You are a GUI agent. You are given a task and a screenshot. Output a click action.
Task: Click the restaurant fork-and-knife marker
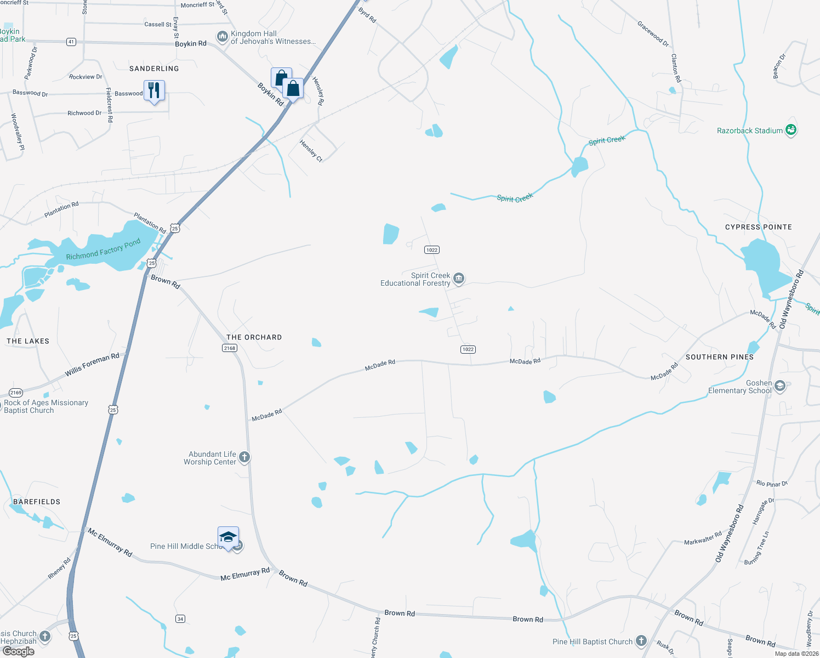click(x=154, y=90)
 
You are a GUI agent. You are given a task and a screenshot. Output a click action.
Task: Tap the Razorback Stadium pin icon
click(x=790, y=130)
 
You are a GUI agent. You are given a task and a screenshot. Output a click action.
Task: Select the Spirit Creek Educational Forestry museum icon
click(x=459, y=279)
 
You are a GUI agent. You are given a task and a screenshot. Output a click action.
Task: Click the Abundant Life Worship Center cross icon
click(x=244, y=457)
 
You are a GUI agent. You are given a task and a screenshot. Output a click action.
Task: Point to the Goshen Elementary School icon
click(x=780, y=387)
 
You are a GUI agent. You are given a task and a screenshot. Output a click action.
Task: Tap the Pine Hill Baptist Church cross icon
click(x=641, y=641)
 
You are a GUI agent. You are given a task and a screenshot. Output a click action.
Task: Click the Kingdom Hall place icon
click(x=222, y=37)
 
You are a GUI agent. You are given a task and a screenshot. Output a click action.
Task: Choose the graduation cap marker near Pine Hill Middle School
click(x=227, y=537)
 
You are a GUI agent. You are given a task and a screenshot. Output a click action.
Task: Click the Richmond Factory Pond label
click(x=103, y=249)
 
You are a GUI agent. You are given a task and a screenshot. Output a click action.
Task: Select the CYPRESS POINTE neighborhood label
click(x=758, y=227)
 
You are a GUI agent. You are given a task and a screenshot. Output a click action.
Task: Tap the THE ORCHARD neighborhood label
click(x=254, y=337)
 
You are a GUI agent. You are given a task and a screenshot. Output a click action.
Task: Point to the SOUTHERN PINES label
click(x=719, y=357)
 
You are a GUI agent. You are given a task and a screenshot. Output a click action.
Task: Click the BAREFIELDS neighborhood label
click(x=37, y=502)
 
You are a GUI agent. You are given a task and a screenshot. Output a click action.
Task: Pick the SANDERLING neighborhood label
click(x=154, y=69)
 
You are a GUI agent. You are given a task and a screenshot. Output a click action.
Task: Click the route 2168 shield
click(x=230, y=348)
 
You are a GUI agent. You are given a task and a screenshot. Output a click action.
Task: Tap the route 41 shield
click(x=71, y=42)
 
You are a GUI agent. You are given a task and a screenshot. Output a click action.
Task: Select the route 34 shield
click(x=180, y=619)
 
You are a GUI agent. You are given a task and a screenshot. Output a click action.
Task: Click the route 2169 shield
click(x=16, y=393)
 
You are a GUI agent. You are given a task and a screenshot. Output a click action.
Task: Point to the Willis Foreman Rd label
click(x=92, y=365)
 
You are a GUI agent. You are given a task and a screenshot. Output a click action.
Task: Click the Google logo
click(x=18, y=651)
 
